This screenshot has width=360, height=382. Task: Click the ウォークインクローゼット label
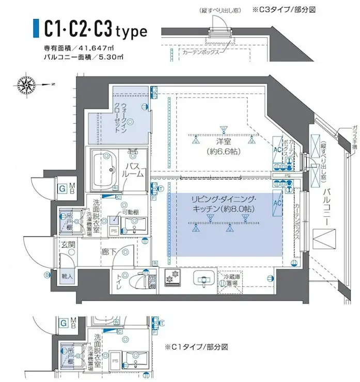click(127, 117)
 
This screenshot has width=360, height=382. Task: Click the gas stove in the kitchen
click(173, 279)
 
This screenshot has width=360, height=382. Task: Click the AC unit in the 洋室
click(276, 146)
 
